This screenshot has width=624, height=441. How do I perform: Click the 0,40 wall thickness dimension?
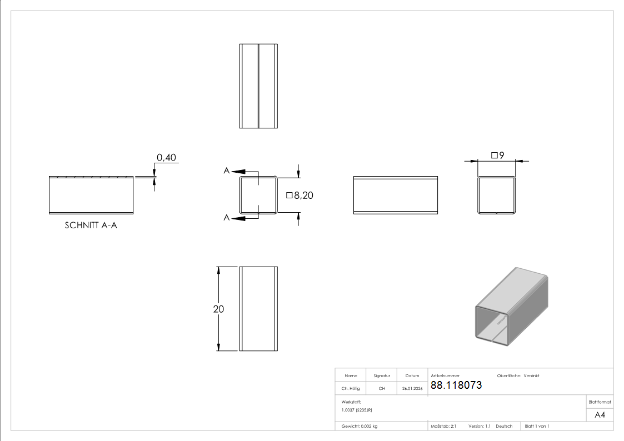(x=166, y=158)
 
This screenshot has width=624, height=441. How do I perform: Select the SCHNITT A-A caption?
(x=91, y=225)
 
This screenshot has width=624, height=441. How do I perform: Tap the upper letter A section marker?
(x=227, y=171)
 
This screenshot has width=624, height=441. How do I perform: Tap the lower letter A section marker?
(x=227, y=218)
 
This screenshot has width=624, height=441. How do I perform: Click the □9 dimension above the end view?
(x=497, y=156)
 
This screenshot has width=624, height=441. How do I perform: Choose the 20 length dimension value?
(x=218, y=309)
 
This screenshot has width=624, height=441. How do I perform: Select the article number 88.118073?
(x=456, y=385)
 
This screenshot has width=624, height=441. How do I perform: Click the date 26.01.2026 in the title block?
(x=412, y=389)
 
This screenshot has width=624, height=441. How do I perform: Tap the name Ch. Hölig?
(x=350, y=389)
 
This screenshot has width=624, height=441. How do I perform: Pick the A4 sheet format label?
(x=600, y=415)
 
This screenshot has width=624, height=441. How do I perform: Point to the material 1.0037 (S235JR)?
(x=357, y=410)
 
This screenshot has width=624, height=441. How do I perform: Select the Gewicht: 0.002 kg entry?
(x=360, y=426)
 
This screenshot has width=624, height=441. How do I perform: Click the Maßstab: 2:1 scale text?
(x=443, y=426)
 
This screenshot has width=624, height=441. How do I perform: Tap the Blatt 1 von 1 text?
(x=537, y=426)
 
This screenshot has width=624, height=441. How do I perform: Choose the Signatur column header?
(x=381, y=376)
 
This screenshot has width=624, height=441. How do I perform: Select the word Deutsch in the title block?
(x=504, y=426)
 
